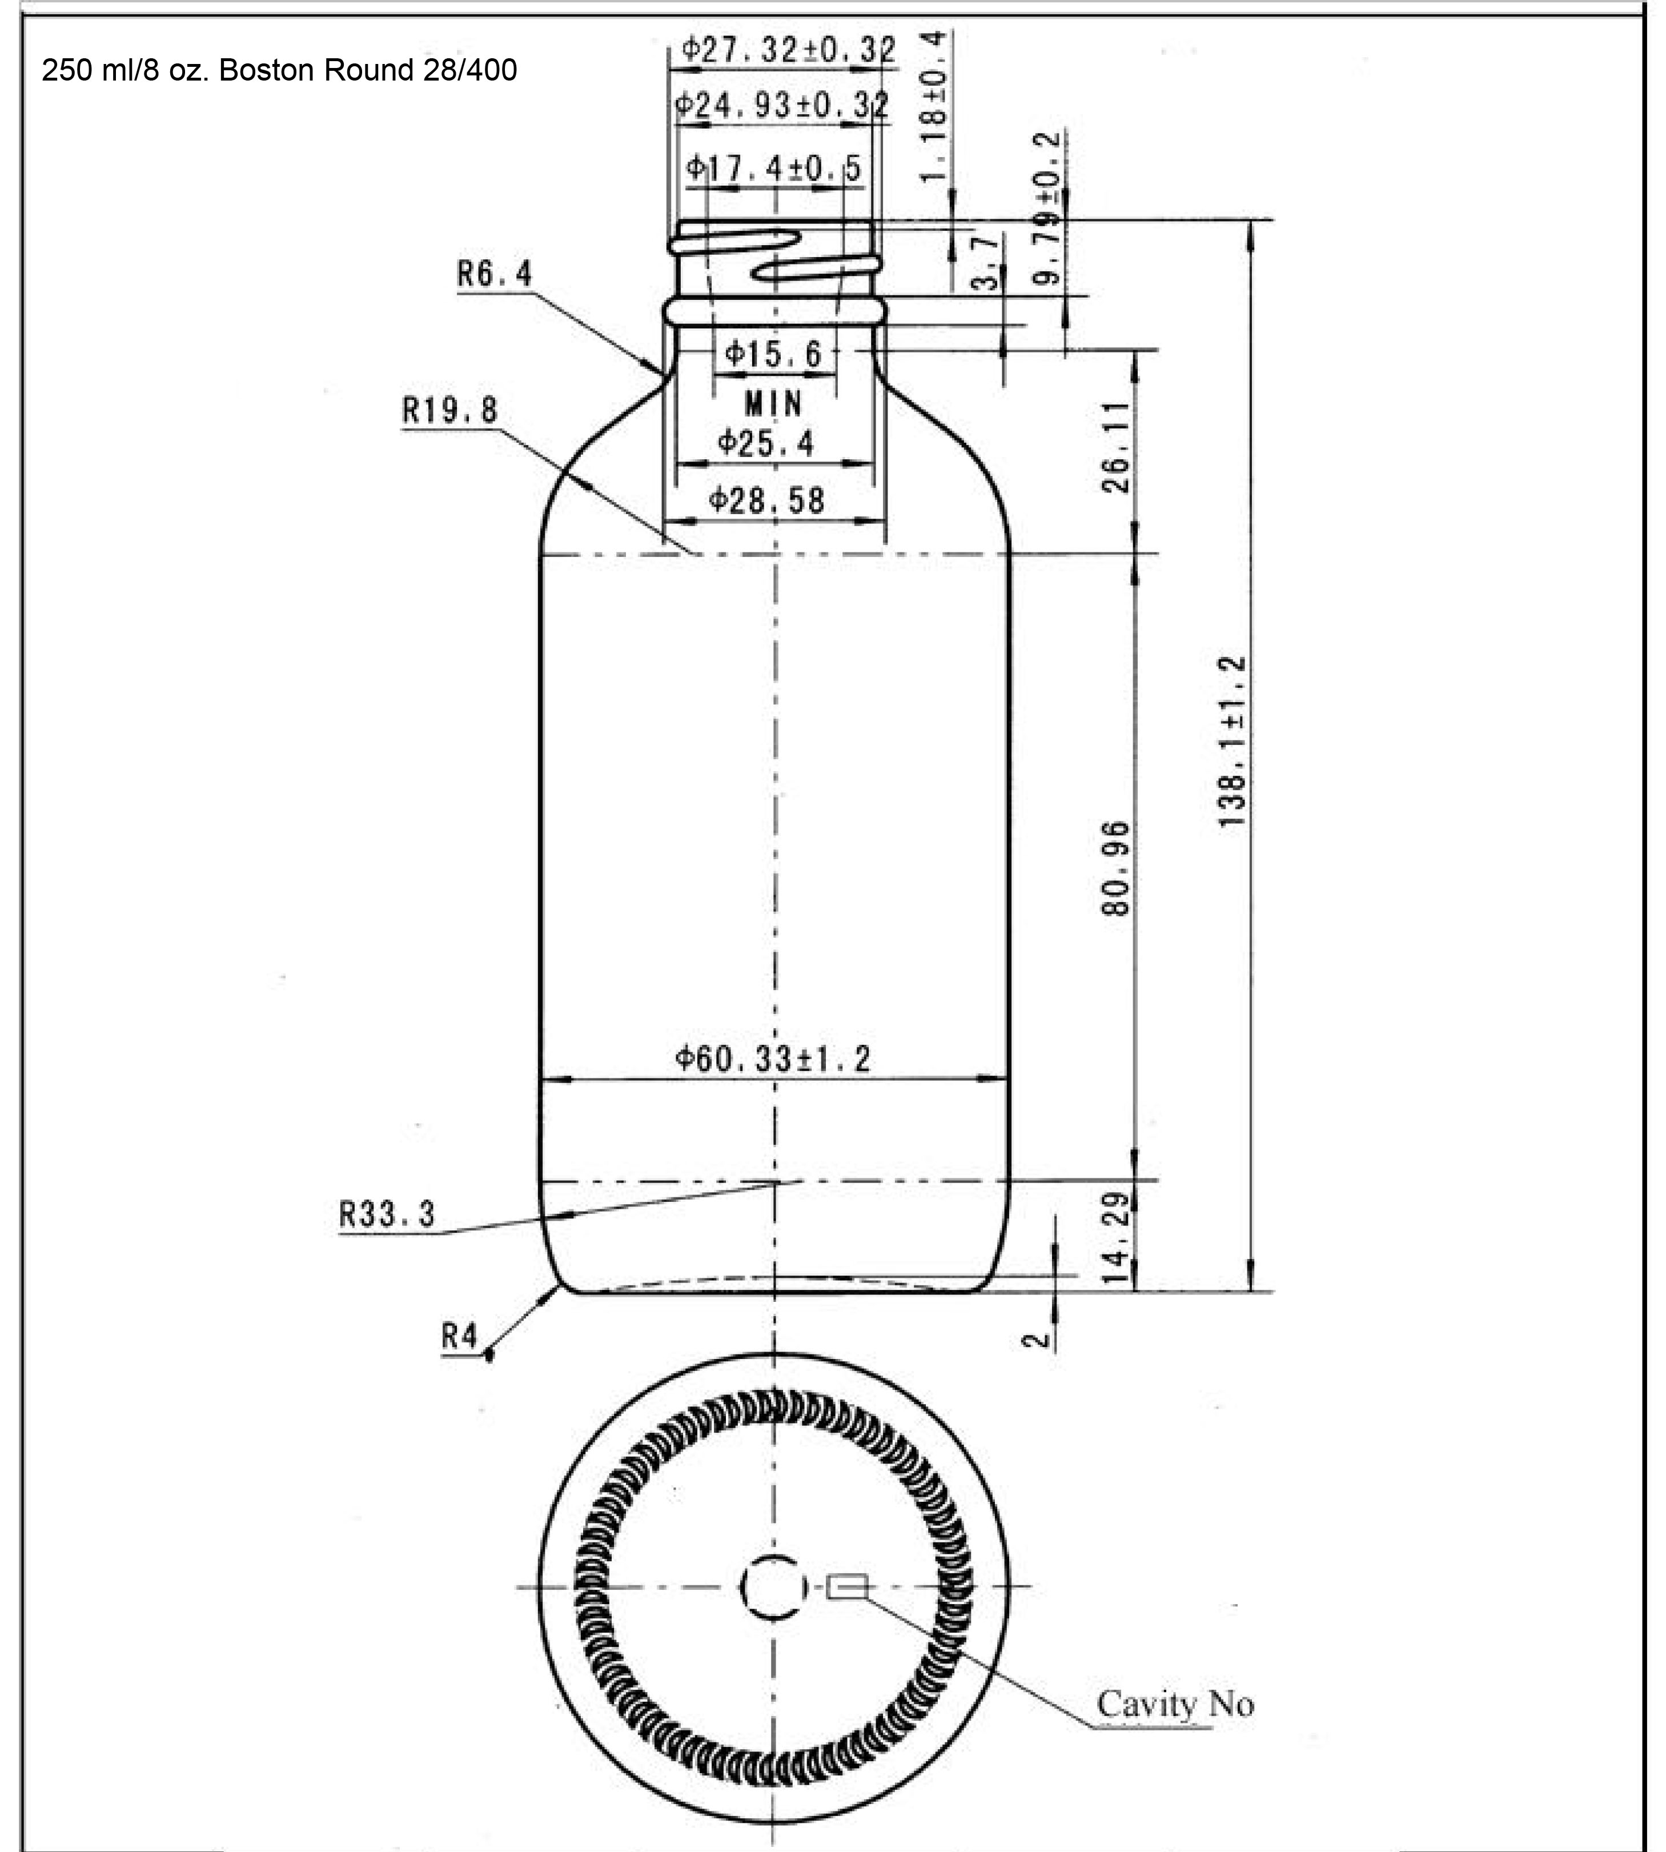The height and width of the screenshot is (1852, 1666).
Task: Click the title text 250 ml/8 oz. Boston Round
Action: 279,70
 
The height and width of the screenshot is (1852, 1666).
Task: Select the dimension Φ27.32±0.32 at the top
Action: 789,50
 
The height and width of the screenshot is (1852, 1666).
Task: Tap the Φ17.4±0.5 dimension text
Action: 773,167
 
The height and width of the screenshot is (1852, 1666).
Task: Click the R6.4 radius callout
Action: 494,273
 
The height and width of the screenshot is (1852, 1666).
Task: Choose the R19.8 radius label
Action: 451,409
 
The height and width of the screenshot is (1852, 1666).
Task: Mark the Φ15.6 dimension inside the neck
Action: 773,354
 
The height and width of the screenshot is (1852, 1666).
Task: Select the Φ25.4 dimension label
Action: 765,444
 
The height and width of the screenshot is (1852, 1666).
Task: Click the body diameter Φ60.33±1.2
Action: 773,1059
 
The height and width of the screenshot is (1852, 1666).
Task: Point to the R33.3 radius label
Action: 387,1216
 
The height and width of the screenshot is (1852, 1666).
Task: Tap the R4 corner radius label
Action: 460,1337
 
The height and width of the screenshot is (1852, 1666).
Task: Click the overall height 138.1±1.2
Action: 1233,741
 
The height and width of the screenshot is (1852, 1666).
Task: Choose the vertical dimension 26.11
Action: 1116,448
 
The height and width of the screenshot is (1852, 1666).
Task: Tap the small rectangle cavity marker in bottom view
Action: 847,1586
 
